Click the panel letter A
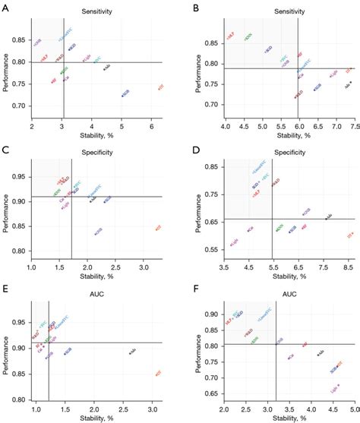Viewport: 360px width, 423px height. tap(6, 7)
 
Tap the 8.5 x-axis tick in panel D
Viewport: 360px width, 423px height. tap(347, 257)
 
